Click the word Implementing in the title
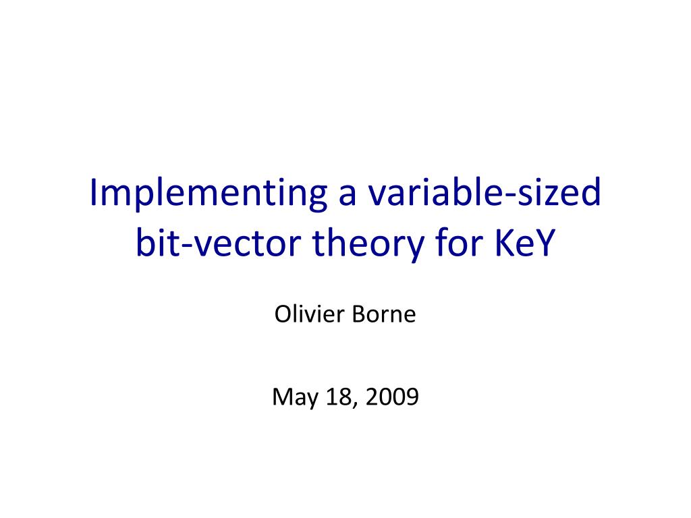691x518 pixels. coord(209,194)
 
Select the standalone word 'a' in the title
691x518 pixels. coord(348,198)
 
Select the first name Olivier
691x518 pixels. coord(308,314)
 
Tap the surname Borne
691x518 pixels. coord(384,314)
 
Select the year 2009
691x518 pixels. coord(392,397)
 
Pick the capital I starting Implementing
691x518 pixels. coord(93,192)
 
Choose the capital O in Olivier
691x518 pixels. coord(283,314)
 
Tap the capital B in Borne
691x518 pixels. coord(358,314)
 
